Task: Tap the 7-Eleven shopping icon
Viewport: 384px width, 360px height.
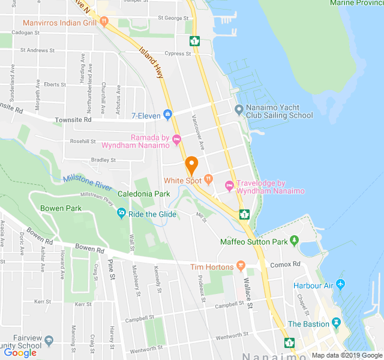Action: point(167,115)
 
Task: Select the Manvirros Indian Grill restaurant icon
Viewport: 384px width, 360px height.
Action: point(104,22)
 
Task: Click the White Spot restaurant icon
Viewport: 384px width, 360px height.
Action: point(208,178)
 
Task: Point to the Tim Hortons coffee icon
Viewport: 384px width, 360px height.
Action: point(241,265)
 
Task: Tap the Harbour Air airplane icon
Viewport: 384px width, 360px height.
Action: point(341,284)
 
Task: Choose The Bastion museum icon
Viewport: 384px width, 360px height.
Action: point(336,323)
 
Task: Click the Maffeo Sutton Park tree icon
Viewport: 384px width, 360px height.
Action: point(294,241)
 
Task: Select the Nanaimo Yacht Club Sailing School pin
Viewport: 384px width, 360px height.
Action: point(239,110)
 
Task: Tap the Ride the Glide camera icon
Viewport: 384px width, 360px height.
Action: point(122,213)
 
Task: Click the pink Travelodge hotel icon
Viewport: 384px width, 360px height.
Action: point(229,185)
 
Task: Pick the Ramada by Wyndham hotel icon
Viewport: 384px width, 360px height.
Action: point(176,140)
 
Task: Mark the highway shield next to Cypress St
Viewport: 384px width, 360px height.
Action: point(194,41)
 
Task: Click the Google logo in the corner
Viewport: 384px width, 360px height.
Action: point(20,353)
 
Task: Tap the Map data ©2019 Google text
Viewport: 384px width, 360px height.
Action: point(346,355)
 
